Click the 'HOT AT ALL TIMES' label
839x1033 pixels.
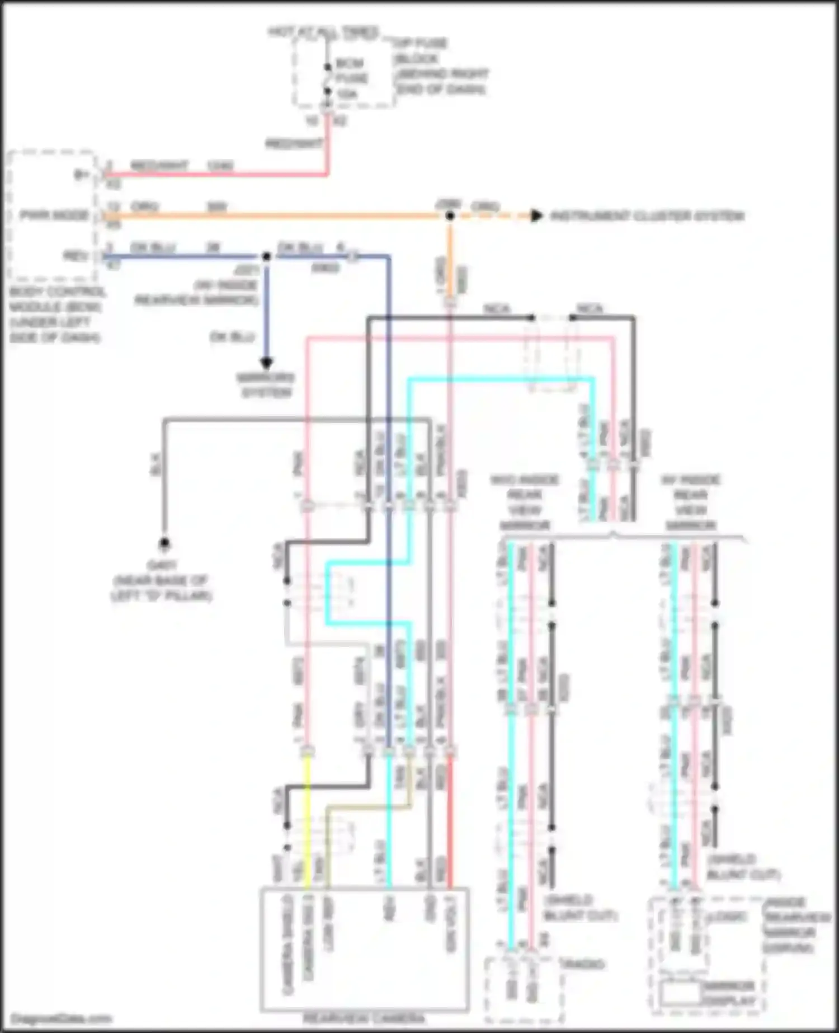[323, 32]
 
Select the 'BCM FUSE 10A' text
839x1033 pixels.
[351, 78]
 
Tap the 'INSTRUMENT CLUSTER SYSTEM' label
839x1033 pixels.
[647, 216]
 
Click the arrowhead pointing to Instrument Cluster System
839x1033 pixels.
[536, 215]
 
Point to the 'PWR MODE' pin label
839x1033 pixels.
[55, 215]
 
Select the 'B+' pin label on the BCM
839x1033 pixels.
[82, 175]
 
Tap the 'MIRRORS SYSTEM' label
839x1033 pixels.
[266, 385]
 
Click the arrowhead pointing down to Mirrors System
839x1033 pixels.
[267, 363]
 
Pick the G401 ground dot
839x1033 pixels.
[164, 542]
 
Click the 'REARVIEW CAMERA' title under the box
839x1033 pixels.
[364, 1018]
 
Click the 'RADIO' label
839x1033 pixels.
[582, 964]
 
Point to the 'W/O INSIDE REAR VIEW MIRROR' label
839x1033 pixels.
[524, 503]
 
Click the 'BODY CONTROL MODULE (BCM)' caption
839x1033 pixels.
[56, 314]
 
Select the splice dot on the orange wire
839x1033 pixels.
[450, 216]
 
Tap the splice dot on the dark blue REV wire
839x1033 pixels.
[267, 257]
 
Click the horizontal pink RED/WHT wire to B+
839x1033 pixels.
[213, 175]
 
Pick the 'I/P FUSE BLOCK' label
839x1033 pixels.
[440, 66]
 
